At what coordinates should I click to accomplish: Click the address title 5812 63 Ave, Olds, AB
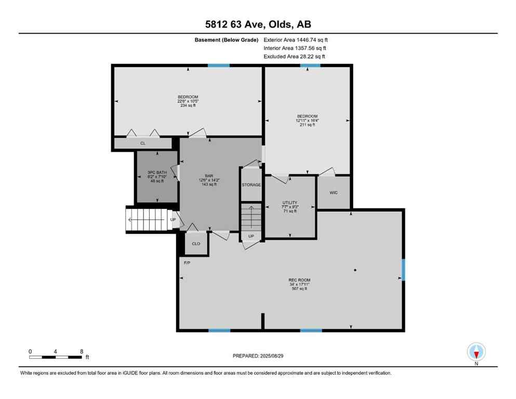[258, 24]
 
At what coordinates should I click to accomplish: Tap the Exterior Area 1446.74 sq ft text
[296, 39]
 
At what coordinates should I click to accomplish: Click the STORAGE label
[251, 184]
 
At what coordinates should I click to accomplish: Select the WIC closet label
[334, 192]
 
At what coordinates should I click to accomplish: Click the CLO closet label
[196, 243]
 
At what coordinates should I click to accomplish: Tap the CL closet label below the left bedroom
[142, 143]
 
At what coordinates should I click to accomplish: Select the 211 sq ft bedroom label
[307, 121]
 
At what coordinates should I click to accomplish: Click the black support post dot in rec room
[355, 270]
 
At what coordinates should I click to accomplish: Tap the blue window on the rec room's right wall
[403, 270]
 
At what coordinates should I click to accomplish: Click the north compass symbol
[476, 352]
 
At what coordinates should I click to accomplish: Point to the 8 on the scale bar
[82, 351]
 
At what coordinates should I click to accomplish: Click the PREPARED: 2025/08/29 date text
[258, 356]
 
